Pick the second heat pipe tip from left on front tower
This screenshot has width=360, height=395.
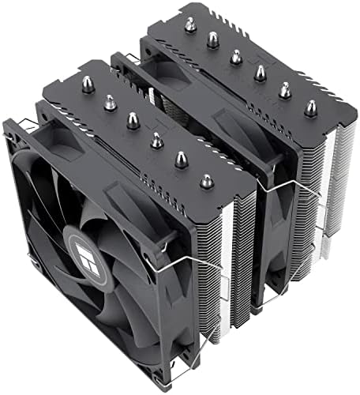click(111, 101)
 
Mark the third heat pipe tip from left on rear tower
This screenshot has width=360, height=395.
click(234, 57)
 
